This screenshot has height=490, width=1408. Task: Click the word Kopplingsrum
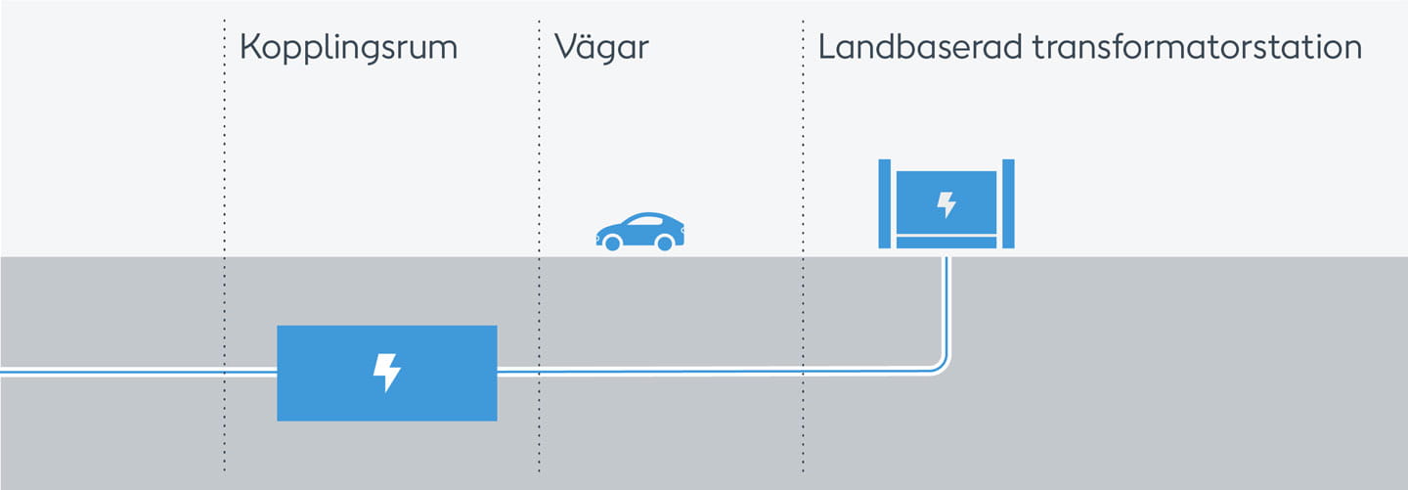pos(348,49)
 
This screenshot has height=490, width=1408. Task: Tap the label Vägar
pos(601,47)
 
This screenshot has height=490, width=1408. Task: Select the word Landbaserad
pos(919,47)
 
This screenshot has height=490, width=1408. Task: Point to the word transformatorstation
pos(1197,47)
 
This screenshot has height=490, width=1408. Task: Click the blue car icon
pos(639,232)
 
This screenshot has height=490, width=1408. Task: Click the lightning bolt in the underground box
pos(386,373)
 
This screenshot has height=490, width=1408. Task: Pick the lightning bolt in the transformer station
pos(946,204)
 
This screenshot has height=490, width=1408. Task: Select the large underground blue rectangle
pos(387,373)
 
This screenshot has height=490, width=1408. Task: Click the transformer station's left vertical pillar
pos(884,203)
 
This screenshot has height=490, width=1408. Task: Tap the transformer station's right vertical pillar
pos(1008,203)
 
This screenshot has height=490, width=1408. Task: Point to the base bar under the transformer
pos(946,243)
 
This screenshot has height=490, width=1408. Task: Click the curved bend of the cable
pos(941,364)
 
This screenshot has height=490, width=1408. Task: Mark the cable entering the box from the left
pos(138,372)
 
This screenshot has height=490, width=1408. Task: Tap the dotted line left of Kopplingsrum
pos(225,245)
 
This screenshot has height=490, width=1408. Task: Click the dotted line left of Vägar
pos(539,245)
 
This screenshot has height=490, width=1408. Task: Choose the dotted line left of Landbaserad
pos(803,245)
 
